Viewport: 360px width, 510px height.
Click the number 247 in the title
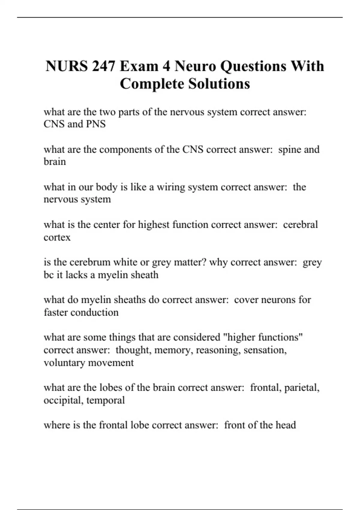tap(103, 66)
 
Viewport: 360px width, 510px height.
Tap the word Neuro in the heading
tap(195, 66)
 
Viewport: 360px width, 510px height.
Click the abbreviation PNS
tap(96, 124)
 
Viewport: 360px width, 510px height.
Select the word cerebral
tap(300, 225)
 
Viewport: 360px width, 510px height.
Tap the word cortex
tap(57, 237)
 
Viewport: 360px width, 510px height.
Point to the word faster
tap(56, 312)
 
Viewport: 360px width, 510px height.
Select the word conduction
tap(94, 312)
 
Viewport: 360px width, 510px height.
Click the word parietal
tap(301, 388)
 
